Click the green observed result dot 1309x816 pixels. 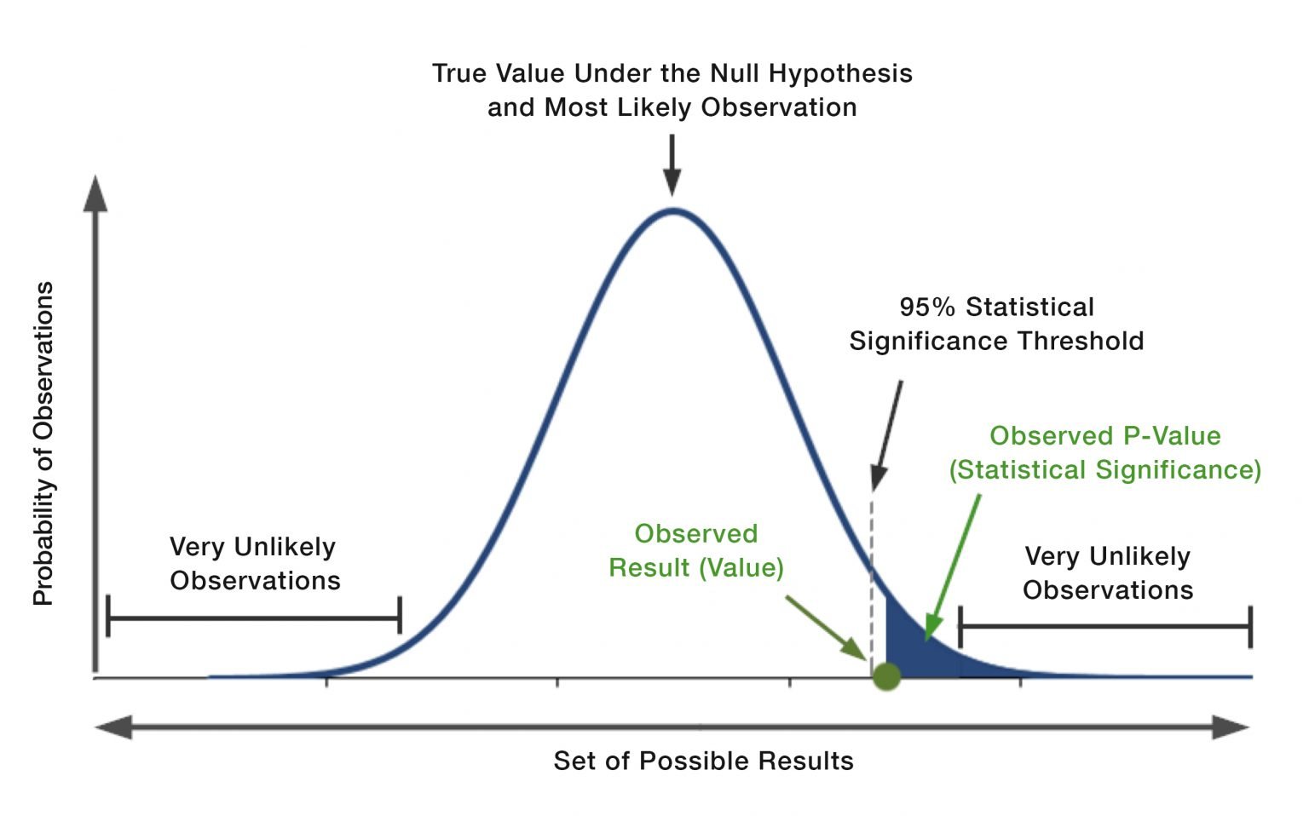click(886, 677)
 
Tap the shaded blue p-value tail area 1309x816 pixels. click(912, 652)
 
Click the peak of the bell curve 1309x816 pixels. click(673, 211)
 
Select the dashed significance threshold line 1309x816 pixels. click(872, 584)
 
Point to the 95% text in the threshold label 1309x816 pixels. click(927, 307)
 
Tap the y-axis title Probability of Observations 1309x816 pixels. click(43, 443)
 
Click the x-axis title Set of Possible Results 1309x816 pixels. click(704, 761)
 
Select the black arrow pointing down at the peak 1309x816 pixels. click(672, 164)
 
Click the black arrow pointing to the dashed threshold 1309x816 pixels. click(887, 436)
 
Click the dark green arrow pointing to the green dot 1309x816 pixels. click(826, 628)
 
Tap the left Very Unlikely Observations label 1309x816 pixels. click(255, 564)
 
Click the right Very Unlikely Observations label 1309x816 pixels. click(1108, 573)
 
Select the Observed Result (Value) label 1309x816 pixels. click(696, 551)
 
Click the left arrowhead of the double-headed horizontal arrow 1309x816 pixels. click(113, 727)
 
